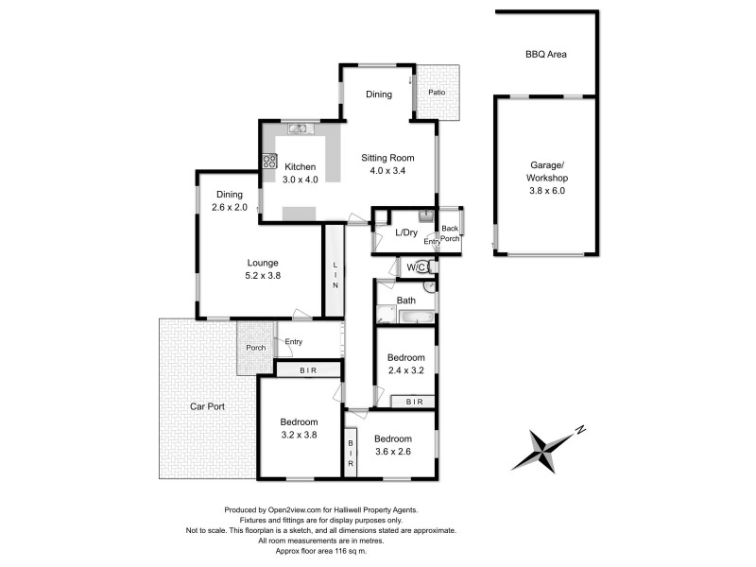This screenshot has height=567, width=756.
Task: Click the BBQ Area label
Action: pyautogui.click(x=545, y=55)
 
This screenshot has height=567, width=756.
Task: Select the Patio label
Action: pyautogui.click(x=436, y=93)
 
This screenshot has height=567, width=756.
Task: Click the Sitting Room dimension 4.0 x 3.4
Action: pyautogui.click(x=391, y=171)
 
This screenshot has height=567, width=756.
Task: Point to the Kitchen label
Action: pyautogui.click(x=300, y=167)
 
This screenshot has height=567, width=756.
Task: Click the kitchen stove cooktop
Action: pyautogui.click(x=269, y=161)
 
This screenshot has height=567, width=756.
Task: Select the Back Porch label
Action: pyautogui.click(x=450, y=233)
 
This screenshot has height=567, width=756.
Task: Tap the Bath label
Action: pyautogui.click(x=406, y=301)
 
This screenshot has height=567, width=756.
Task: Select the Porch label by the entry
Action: pyautogui.click(x=255, y=348)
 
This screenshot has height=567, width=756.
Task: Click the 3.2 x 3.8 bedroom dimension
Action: pyautogui.click(x=299, y=436)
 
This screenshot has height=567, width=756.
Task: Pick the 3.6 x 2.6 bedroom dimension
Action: pyautogui.click(x=392, y=453)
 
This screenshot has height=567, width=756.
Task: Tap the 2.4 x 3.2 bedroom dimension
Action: pyautogui.click(x=406, y=370)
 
